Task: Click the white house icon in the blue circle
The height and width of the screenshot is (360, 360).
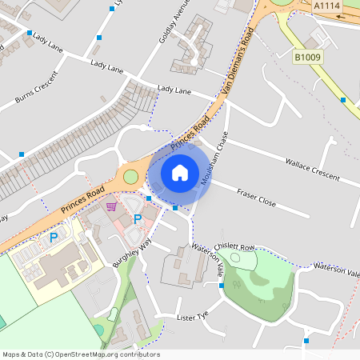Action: click(x=180, y=172)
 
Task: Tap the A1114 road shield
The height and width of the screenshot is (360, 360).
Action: click(x=327, y=6)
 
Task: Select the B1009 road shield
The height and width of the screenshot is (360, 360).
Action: click(x=307, y=58)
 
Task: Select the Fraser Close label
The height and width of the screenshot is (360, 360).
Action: click(x=255, y=198)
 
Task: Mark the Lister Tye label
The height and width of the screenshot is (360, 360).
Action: click(x=193, y=317)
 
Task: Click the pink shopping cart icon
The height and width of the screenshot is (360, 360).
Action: click(x=112, y=206)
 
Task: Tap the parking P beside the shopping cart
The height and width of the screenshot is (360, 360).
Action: click(x=138, y=218)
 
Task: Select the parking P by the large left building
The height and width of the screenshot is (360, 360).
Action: click(x=54, y=237)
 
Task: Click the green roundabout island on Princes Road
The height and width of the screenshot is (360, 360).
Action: click(x=130, y=176)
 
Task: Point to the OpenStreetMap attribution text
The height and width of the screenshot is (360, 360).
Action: click(x=80, y=354)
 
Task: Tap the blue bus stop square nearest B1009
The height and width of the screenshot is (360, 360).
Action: click(x=342, y=100)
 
